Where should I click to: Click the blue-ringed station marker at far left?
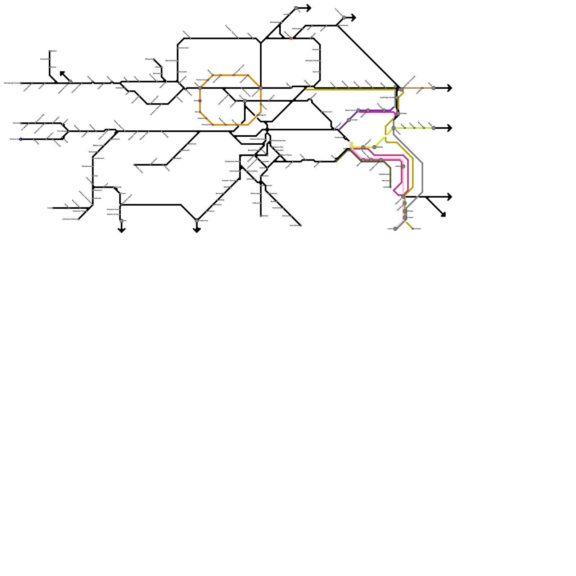click(x=21, y=139)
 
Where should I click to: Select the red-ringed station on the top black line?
click(x=291, y=39)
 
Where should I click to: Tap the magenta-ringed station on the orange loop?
click(x=200, y=101)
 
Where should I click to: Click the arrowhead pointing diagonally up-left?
click(x=62, y=73)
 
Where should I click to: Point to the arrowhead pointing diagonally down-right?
click(x=444, y=215)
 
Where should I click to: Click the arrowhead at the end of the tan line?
click(x=450, y=88)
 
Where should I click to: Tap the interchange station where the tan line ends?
click(x=433, y=88)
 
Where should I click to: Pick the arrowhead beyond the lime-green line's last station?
click(x=450, y=128)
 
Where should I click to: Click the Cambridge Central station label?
click(x=387, y=98)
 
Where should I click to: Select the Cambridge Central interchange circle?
click(x=397, y=98)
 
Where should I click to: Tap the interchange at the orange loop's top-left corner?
click(x=200, y=88)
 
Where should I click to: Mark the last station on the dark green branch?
click(x=390, y=187)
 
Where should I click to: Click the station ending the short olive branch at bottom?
click(x=413, y=229)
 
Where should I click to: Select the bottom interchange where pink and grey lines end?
click(x=395, y=229)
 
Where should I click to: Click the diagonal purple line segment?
click(x=344, y=124)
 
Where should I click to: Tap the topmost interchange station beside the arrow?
click(x=296, y=8)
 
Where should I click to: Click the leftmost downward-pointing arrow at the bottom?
click(x=121, y=230)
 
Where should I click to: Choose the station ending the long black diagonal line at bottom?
click(x=301, y=226)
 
